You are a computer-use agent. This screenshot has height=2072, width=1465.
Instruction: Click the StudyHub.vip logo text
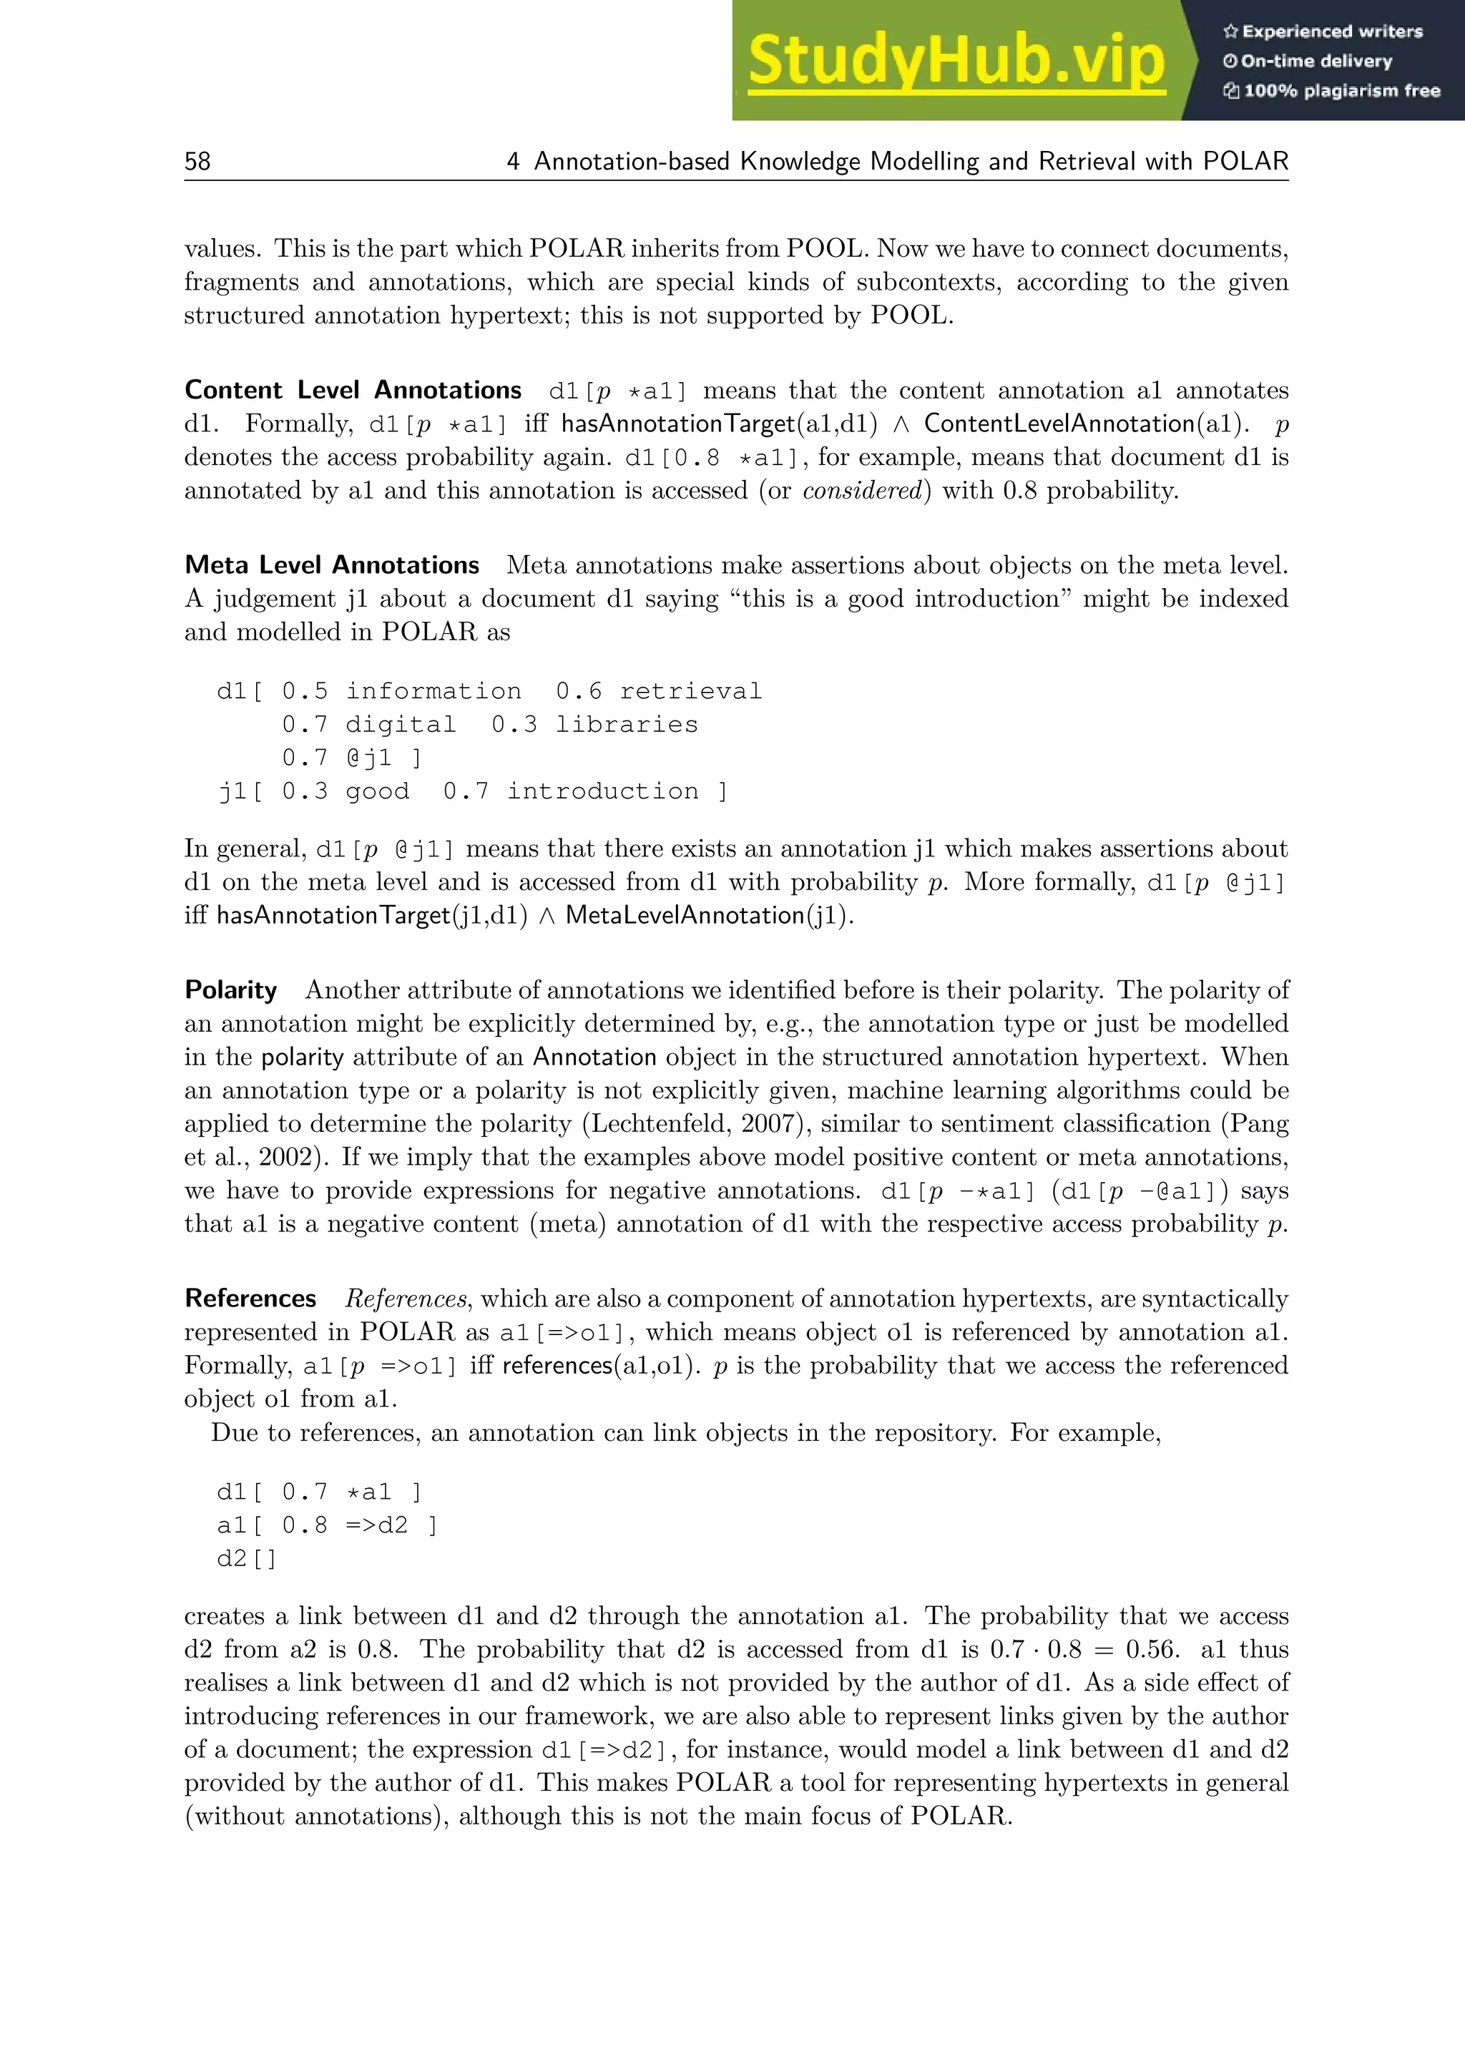click(956, 62)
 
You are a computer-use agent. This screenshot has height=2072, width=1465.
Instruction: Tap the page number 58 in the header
click(197, 162)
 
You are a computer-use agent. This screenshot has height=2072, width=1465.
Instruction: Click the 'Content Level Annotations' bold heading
click(353, 390)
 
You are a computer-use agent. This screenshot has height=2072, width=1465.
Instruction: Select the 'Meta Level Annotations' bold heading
click(332, 565)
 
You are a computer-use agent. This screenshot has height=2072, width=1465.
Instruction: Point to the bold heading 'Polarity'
click(231, 990)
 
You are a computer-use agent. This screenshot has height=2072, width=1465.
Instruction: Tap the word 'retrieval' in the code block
click(690, 691)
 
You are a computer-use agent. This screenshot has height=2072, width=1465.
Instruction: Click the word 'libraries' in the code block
click(626, 725)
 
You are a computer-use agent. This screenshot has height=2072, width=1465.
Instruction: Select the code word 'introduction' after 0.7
click(602, 791)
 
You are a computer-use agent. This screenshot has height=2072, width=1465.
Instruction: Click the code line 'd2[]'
click(246, 1558)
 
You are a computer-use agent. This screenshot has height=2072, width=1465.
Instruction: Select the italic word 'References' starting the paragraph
click(405, 1299)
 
